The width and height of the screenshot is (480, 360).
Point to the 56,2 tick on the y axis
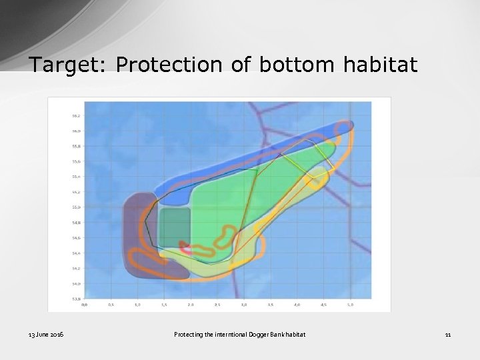coord(77,115)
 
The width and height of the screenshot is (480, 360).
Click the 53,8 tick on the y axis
coord(77,299)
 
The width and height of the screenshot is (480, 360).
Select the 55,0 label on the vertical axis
coord(77,207)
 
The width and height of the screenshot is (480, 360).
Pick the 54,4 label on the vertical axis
coord(77,253)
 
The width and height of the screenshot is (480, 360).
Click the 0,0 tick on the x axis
coord(84,305)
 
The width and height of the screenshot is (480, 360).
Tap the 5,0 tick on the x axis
coord(351,305)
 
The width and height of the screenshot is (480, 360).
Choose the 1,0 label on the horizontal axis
coord(137,305)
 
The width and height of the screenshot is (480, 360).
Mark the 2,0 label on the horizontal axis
coord(191,305)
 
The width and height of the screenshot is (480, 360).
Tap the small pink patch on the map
coord(187,250)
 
